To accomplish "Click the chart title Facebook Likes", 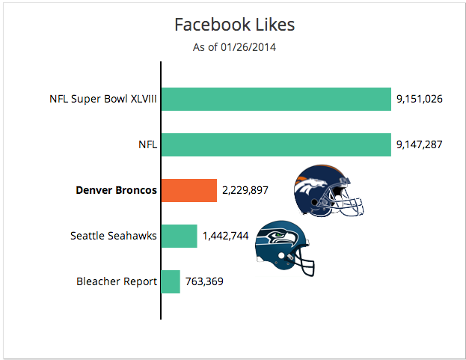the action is point(234,25).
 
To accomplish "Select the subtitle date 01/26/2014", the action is point(248,47).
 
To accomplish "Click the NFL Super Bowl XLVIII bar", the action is point(276,99).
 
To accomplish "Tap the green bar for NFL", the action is point(276,144).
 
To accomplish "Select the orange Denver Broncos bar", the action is point(189,190).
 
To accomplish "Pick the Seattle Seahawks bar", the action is point(180,236).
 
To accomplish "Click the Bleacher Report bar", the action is point(171,281).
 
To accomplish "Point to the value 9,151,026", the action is point(420,99).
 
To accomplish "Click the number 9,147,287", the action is point(420,144).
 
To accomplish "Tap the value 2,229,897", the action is point(245,190).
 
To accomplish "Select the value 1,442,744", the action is point(225,236).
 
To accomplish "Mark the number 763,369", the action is point(204,281).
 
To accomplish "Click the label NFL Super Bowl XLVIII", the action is point(102,99).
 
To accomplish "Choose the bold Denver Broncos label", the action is point(116,190).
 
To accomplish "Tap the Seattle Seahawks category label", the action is point(113,236).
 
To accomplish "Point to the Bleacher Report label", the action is point(117,281).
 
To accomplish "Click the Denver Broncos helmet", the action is point(328,191).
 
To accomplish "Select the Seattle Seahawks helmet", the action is point(285,248).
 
